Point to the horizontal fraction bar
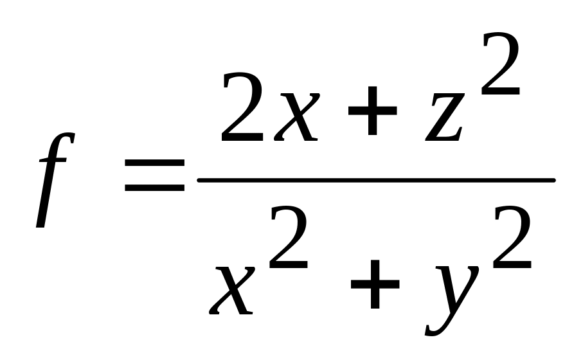376,181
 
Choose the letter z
444,119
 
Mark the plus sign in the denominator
374,289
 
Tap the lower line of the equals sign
154,189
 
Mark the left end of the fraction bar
201,181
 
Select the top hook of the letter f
69,136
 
